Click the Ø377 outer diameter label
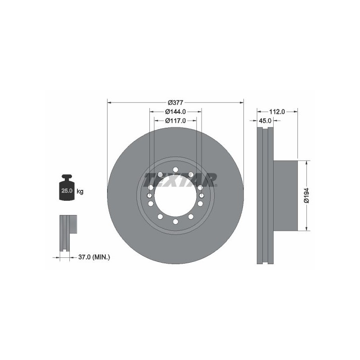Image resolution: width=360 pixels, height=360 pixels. (x=175, y=103)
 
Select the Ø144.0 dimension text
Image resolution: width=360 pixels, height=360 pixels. (x=175, y=112)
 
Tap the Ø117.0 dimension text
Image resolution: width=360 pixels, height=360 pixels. (x=175, y=121)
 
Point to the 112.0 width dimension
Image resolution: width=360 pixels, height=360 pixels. (x=277, y=112)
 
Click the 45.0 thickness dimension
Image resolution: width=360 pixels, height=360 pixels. (x=265, y=121)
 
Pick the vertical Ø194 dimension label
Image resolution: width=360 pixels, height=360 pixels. (x=307, y=195)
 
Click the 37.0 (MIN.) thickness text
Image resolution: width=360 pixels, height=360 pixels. (x=94, y=257)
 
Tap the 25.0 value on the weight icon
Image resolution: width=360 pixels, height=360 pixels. (x=67, y=190)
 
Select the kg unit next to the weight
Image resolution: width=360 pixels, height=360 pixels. (x=80, y=191)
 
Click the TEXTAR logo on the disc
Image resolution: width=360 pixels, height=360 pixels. (x=180, y=180)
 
